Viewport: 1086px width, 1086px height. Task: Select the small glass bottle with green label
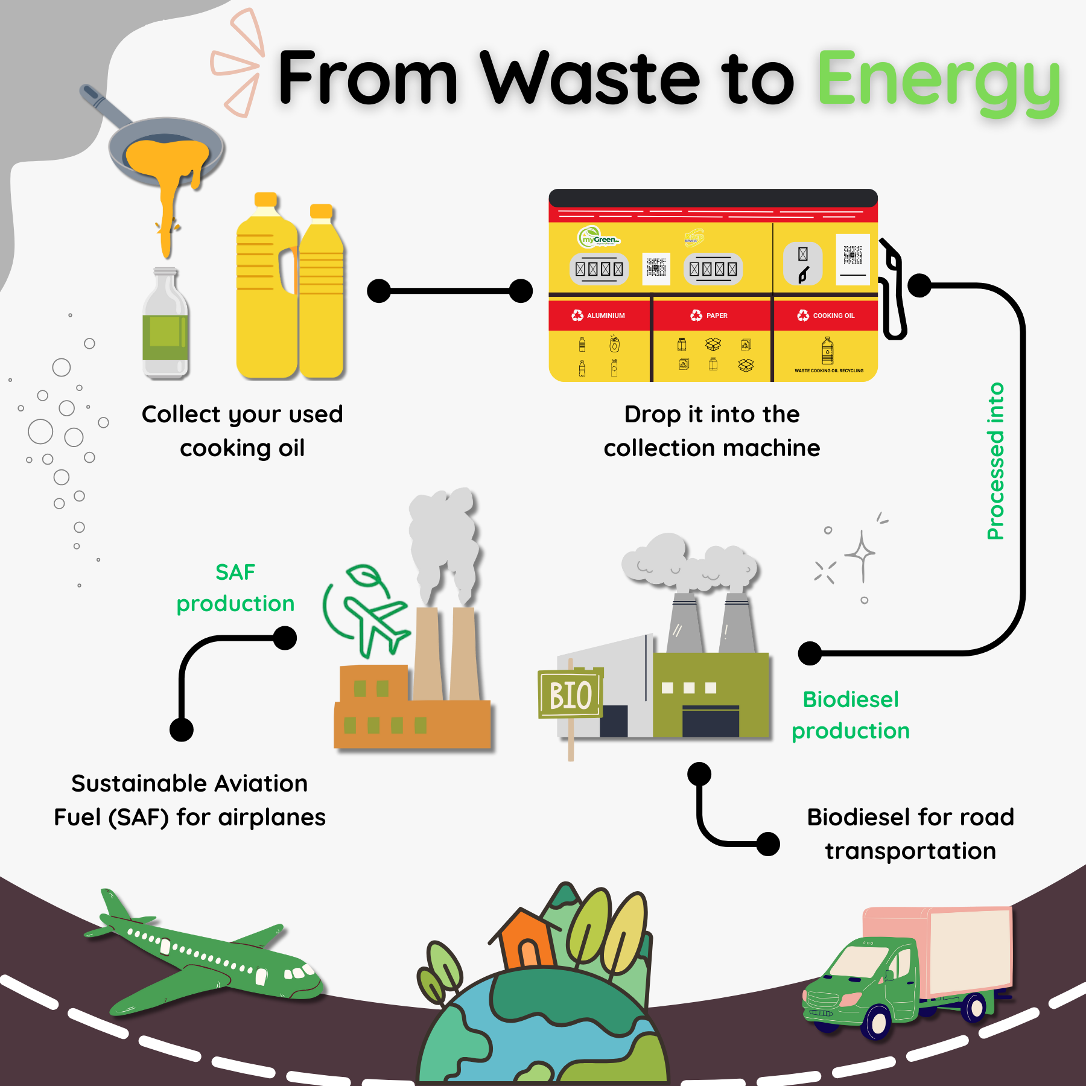165,326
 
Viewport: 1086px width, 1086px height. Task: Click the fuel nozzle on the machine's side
893,290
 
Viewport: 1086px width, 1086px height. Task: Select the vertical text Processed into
996,462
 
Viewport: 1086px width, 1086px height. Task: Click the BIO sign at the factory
570,695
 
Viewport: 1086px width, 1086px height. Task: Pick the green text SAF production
235,588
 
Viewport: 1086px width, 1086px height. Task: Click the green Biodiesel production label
851,716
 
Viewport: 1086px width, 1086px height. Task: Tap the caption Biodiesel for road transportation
910,834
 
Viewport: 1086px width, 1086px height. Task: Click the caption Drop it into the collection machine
712,431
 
